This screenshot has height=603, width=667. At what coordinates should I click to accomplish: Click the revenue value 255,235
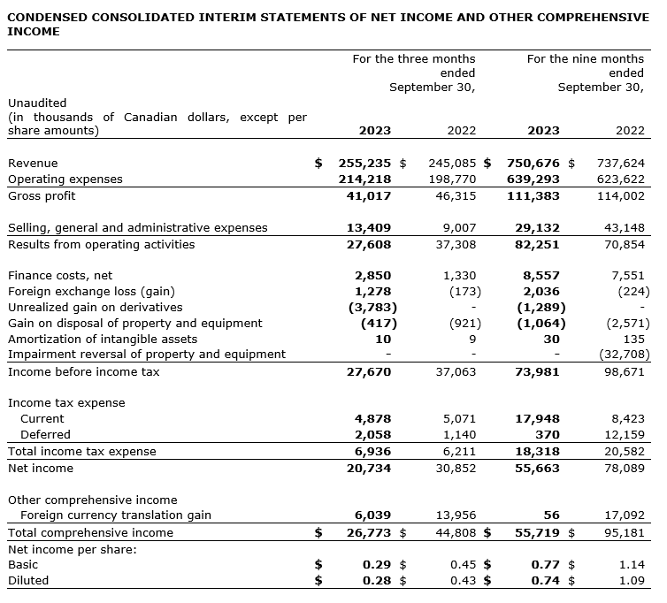click(x=365, y=164)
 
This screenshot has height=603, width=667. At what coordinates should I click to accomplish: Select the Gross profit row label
click(x=42, y=195)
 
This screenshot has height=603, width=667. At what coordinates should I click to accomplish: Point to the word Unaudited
click(x=37, y=103)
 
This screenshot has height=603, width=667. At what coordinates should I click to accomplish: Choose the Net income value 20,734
click(x=369, y=468)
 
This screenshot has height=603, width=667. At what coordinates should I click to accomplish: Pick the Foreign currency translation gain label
click(x=115, y=515)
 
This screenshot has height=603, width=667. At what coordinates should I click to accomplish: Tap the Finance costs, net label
click(x=60, y=276)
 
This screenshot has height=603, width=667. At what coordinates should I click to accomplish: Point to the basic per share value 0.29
click(x=378, y=564)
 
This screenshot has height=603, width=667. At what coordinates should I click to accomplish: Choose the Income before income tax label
click(x=84, y=372)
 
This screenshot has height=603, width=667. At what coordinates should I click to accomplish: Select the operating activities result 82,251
click(x=537, y=245)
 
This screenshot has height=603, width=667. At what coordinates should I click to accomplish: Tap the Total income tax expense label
click(x=81, y=452)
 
